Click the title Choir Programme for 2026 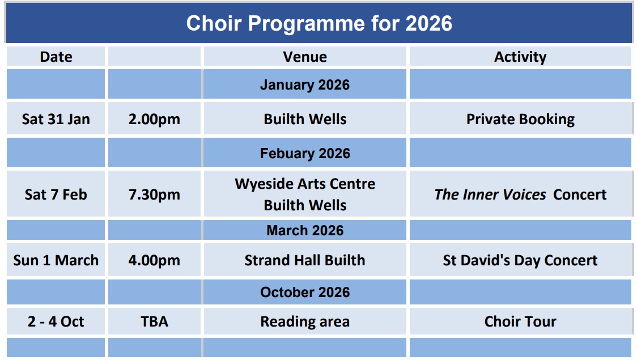point(319,23)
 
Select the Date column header point(56,57)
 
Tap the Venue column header point(305,57)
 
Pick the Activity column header point(520,57)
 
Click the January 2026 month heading point(305,84)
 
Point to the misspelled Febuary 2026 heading point(305,153)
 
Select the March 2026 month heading point(305,230)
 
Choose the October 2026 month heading point(305,292)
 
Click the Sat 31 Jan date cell point(56,119)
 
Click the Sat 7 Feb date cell point(56,194)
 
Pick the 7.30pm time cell point(154,194)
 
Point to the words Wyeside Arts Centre point(305,184)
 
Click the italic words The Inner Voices point(490,194)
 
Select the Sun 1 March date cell point(56,260)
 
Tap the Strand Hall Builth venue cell point(305,260)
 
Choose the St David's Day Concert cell point(520,260)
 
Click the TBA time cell point(154,321)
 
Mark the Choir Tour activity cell point(520,321)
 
